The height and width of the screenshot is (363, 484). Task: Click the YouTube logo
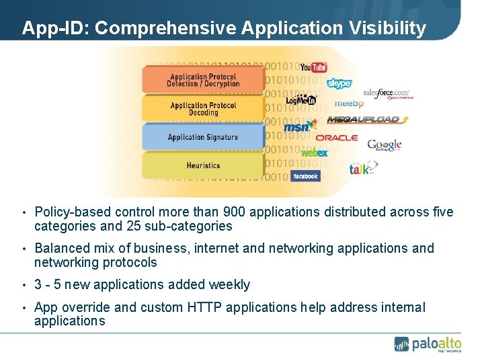coord(313,67)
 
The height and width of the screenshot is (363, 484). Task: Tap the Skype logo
coord(339,83)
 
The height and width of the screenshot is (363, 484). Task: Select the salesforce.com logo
coord(387,93)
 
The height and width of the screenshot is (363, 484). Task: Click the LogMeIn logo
coord(300,100)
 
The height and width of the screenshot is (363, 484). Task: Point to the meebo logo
coord(349,104)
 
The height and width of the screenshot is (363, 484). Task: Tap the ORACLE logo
coord(337,137)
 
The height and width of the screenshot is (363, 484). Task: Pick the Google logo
coord(384,145)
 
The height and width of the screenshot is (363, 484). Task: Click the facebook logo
coord(305,176)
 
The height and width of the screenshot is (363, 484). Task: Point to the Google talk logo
coord(362,168)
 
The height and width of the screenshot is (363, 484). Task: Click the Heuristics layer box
coord(203,165)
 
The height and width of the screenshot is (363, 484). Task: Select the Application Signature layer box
coord(203,137)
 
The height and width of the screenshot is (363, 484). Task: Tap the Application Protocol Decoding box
coord(203,109)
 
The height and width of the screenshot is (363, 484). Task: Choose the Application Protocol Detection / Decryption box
coord(203,80)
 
